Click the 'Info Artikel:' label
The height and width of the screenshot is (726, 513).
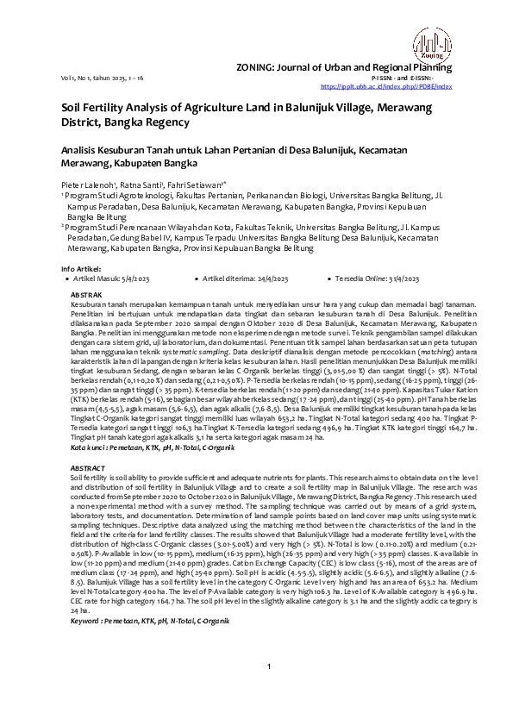78,269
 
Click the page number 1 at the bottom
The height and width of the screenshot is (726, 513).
269,690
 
